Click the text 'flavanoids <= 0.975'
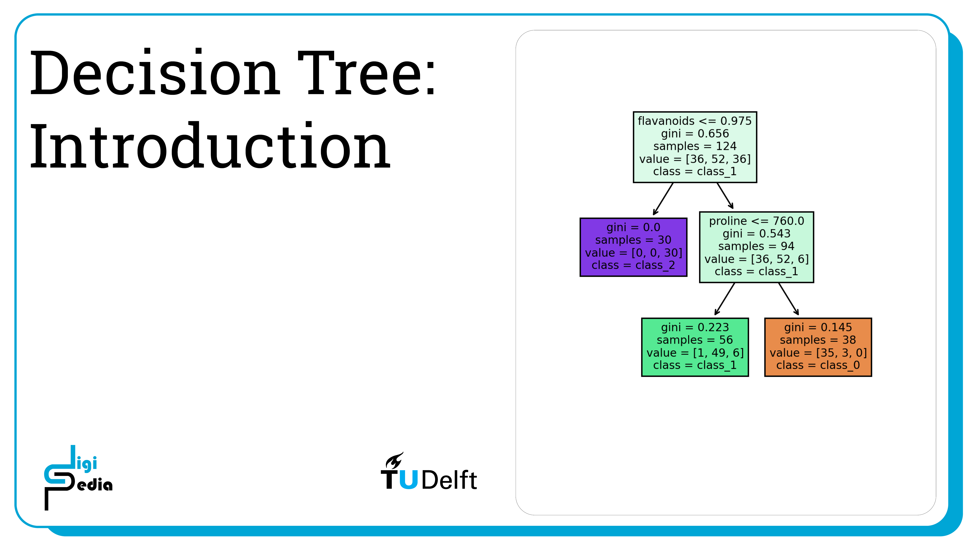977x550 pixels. click(x=695, y=121)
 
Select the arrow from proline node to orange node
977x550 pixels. click(x=788, y=299)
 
